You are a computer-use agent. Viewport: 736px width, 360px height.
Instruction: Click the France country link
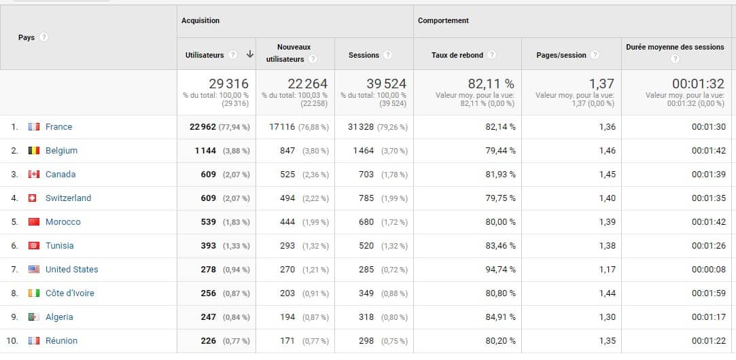pyautogui.click(x=58, y=127)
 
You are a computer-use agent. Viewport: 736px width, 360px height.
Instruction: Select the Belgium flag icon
pyautogui.click(x=34, y=151)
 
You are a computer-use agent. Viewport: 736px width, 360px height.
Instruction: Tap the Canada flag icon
pyautogui.click(x=34, y=175)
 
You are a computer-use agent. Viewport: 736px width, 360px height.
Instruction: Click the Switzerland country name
pyautogui.click(x=68, y=198)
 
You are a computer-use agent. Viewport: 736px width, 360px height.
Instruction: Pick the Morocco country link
pyautogui.click(x=63, y=222)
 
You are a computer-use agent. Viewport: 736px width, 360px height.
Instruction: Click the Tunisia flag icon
pyautogui.click(x=34, y=246)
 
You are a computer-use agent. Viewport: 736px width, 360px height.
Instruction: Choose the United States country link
pyautogui.click(x=71, y=270)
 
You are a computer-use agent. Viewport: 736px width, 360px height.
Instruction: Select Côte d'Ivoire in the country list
pyautogui.click(x=69, y=293)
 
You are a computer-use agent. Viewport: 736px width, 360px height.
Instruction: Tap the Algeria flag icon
pyautogui.click(x=34, y=317)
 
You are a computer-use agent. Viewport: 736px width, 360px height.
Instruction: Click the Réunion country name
pyautogui.click(x=61, y=341)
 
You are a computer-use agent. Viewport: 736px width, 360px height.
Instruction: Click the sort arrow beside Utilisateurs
pyautogui.click(x=250, y=55)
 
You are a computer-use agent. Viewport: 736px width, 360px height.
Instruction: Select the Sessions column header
pyautogui.click(x=364, y=55)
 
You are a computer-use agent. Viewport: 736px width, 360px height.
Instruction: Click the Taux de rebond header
pyautogui.click(x=457, y=55)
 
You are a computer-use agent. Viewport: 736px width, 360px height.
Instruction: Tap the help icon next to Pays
pyautogui.click(x=44, y=37)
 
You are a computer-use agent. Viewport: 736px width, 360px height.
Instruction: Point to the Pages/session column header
pyautogui.click(x=561, y=55)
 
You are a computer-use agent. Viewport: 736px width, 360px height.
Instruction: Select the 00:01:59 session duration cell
pyautogui.click(x=709, y=293)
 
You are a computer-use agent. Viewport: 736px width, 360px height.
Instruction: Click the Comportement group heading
pyautogui.click(x=443, y=21)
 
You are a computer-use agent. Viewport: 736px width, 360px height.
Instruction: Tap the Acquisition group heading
pyautogui.click(x=200, y=21)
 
